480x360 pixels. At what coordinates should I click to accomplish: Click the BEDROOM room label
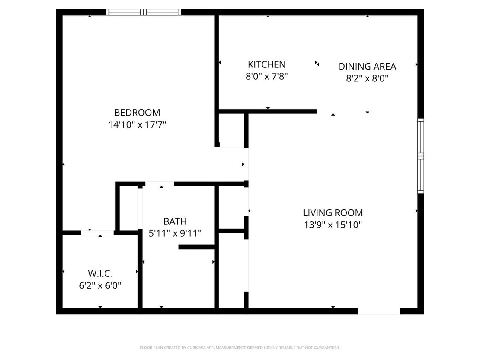[x=137, y=113]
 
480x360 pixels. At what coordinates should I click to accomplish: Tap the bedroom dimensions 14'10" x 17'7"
[x=137, y=125]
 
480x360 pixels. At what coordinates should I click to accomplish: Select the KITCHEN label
[x=267, y=64]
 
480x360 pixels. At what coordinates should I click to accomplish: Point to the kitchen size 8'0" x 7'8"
[x=267, y=77]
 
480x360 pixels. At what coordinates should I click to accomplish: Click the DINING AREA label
[x=367, y=67]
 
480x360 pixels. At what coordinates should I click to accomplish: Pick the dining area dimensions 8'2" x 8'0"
[x=367, y=78]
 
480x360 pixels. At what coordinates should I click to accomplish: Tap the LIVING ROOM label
[x=333, y=212]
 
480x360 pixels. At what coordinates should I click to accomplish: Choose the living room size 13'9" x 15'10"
[x=333, y=225]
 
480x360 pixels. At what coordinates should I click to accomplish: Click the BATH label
[x=175, y=221]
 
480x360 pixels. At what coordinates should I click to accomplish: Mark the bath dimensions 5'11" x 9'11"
[x=175, y=233]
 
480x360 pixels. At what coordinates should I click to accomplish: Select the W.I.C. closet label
[x=100, y=273]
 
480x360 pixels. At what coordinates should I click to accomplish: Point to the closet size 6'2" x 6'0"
[x=100, y=286]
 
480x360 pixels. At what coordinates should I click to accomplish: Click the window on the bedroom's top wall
[x=143, y=12]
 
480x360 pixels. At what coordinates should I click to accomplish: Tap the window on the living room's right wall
[x=420, y=156]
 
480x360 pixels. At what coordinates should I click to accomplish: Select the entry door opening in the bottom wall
[x=378, y=311]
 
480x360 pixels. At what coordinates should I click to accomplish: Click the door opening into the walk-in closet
[x=98, y=232]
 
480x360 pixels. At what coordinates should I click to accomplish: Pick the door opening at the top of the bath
[x=160, y=184]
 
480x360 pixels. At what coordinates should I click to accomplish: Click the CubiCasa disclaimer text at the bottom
[x=240, y=348]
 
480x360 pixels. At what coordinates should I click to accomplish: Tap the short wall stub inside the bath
[x=196, y=247]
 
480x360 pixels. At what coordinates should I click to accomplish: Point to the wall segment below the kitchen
[x=268, y=112]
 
